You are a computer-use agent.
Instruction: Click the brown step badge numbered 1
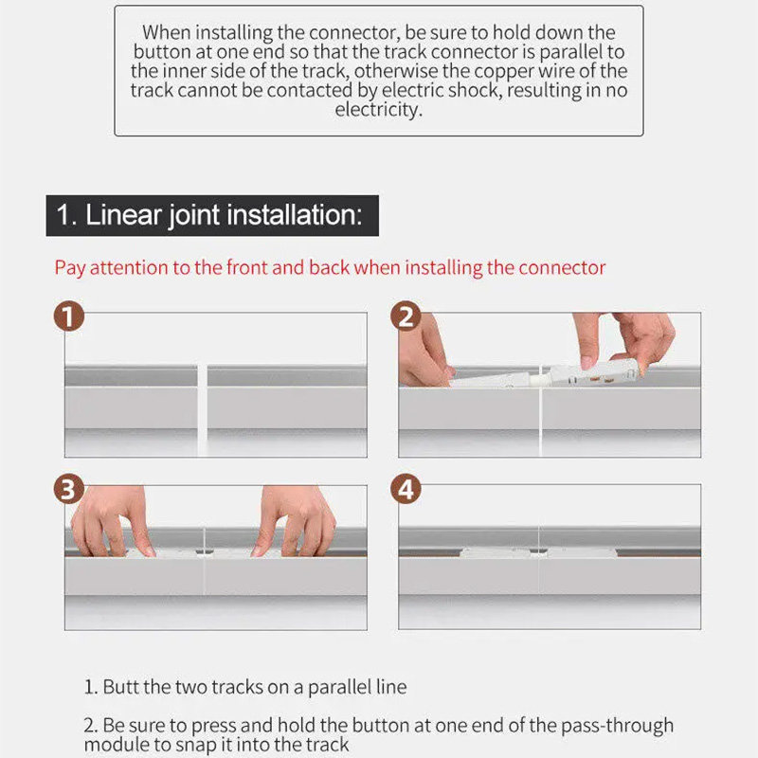click(x=68, y=316)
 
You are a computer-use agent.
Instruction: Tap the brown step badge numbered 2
click(x=406, y=316)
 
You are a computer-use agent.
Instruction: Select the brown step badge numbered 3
click(x=68, y=488)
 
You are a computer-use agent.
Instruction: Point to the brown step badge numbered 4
click(x=406, y=488)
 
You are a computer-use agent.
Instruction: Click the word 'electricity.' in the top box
click(x=378, y=110)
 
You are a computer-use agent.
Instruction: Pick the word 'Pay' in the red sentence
click(x=70, y=268)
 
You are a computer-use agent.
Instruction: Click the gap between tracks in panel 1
click(x=203, y=410)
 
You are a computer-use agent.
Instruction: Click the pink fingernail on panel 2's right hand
click(x=587, y=363)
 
